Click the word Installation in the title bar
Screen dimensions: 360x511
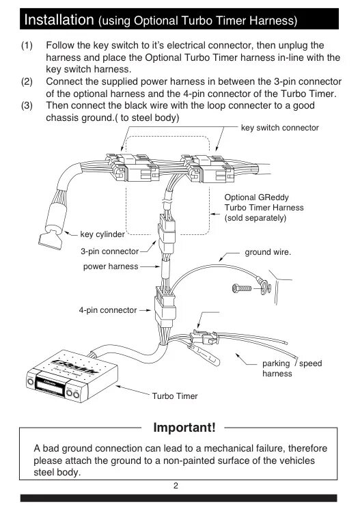(x=59, y=20)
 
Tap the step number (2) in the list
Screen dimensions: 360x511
(x=27, y=81)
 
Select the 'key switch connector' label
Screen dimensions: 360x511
(x=279, y=128)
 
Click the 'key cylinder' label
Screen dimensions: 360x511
(x=102, y=234)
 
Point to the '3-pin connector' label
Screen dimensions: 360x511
(x=110, y=251)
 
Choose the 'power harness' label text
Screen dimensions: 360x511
(x=111, y=266)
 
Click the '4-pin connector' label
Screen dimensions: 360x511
(x=108, y=310)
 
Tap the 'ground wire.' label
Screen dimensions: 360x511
(x=268, y=252)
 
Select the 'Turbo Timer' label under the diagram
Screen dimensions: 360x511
(x=175, y=396)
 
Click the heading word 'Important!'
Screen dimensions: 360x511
(x=184, y=427)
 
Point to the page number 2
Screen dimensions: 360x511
(x=176, y=486)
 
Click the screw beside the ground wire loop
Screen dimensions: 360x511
(x=242, y=288)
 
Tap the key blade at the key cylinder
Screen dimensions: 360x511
(x=50, y=242)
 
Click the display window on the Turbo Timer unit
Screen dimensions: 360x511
(x=49, y=385)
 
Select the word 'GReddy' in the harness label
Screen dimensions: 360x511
(x=273, y=197)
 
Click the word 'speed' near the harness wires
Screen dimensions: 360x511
(x=310, y=363)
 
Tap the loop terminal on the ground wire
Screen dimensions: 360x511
(x=264, y=287)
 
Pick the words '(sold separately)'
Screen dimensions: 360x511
(x=255, y=218)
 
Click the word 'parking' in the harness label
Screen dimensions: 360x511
(x=276, y=363)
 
